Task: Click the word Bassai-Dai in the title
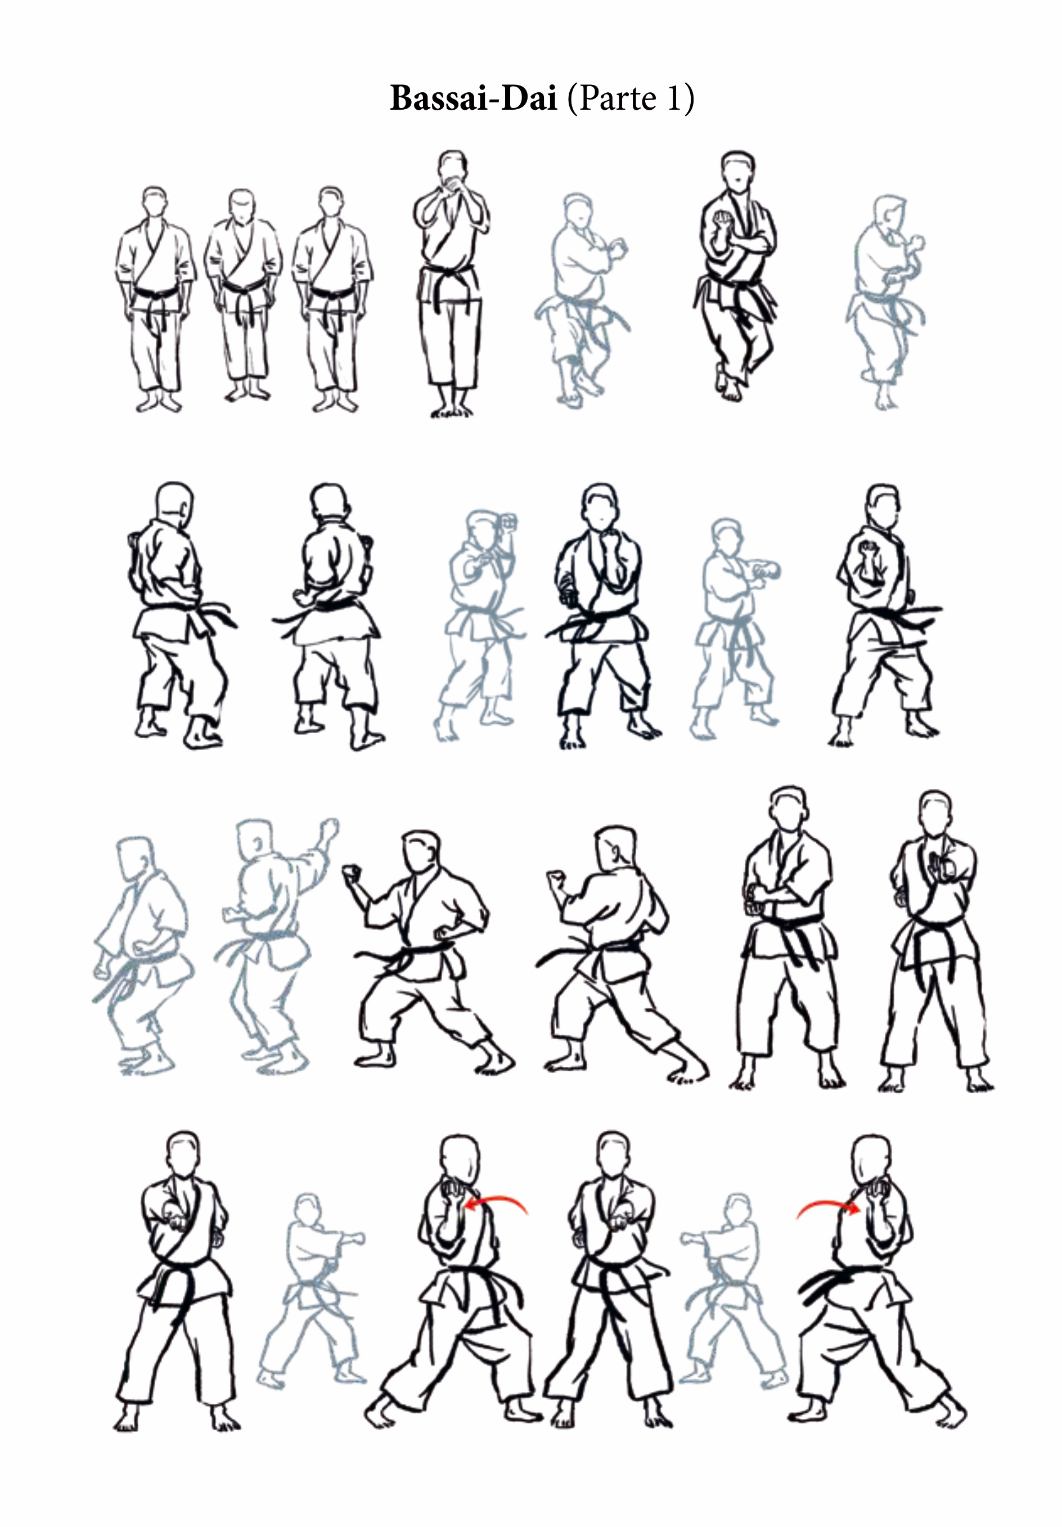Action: tap(473, 98)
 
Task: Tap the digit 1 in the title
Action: tap(674, 98)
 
